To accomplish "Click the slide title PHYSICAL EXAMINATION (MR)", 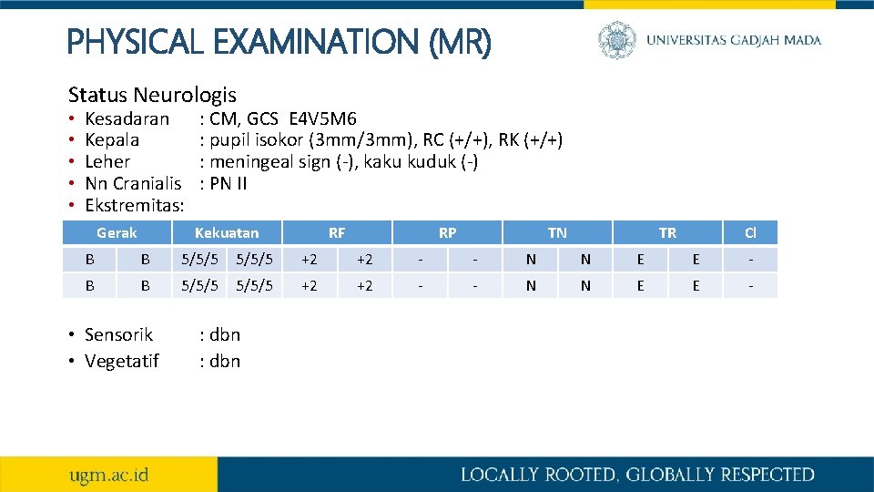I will tap(279, 41).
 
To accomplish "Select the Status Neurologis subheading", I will tap(152, 94).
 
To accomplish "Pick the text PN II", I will tap(229, 183).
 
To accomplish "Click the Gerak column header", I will tap(117, 232).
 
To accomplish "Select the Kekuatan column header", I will tap(227, 232).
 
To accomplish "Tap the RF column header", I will tap(337, 232).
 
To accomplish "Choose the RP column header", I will tap(447, 232).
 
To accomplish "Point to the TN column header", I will tap(557, 232).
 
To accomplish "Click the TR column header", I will tap(667, 232).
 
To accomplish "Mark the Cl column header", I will tap(750, 232).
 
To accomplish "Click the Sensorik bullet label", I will tap(118, 334).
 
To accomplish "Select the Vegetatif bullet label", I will tap(121, 361).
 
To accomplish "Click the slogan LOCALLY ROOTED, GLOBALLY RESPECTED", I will tap(637, 474).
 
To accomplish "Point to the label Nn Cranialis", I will tap(127, 183).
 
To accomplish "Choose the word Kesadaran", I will tap(127, 118).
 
